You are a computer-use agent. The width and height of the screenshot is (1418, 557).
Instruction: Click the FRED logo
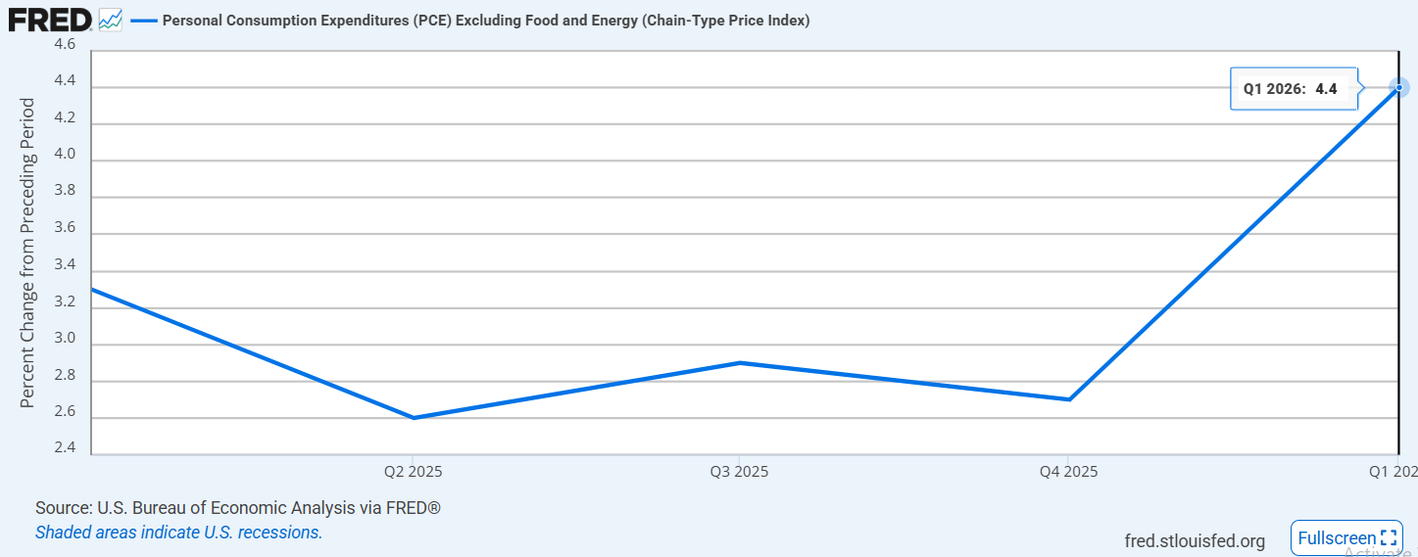click(x=50, y=21)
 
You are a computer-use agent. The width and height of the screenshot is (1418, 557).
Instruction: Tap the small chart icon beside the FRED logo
click(x=110, y=21)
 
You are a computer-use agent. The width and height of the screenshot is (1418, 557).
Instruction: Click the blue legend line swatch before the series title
click(x=144, y=21)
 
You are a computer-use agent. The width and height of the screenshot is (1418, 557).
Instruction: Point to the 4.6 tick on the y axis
click(x=65, y=44)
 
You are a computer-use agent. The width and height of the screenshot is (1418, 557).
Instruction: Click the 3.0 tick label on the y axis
click(x=65, y=338)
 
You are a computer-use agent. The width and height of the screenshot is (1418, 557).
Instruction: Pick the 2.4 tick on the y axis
click(x=65, y=447)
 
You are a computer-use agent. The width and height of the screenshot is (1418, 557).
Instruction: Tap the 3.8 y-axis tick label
click(x=65, y=190)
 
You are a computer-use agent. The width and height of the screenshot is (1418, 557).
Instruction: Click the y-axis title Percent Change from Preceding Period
click(x=26, y=253)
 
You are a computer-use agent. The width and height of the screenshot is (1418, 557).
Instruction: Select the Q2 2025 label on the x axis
click(x=414, y=472)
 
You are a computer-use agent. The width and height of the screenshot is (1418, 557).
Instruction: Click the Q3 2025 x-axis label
click(x=739, y=472)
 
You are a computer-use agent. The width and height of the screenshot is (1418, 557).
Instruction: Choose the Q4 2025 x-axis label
click(x=1068, y=472)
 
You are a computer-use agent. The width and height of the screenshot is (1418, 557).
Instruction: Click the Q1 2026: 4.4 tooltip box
click(x=1294, y=88)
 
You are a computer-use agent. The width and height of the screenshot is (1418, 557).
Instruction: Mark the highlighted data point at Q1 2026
click(x=1399, y=88)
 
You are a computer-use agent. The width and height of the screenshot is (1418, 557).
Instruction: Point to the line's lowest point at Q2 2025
click(x=414, y=418)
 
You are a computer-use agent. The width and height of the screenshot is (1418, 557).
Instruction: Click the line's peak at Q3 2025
click(x=740, y=363)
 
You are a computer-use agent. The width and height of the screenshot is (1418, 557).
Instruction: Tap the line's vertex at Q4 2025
click(x=1069, y=399)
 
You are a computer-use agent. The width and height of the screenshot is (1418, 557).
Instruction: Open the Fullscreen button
click(x=1346, y=538)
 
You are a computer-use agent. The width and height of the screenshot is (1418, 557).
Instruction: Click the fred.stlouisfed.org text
click(x=1195, y=541)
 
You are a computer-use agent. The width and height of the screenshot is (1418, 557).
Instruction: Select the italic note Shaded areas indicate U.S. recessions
click(x=178, y=533)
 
